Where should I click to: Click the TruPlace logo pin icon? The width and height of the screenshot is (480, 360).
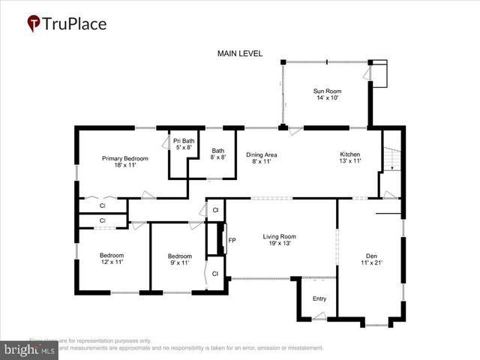point(34,23)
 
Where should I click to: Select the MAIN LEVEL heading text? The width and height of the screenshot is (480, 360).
point(240,54)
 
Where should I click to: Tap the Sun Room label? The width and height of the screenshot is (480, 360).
point(327,94)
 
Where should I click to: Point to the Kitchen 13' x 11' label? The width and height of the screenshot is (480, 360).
point(350,157)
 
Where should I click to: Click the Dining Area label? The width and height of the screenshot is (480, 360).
point(262,157)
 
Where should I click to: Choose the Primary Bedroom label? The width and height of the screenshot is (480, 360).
point(125,162)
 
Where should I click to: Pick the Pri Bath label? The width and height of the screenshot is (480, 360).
point(184,144)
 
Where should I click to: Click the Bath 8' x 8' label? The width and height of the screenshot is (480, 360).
point(218,154)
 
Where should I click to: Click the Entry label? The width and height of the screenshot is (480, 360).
point(319,299)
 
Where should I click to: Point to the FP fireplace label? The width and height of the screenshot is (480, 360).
point(232,241)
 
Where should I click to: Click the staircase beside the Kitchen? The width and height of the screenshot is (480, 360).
point(390,159)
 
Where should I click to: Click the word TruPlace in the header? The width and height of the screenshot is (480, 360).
point(75,23)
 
